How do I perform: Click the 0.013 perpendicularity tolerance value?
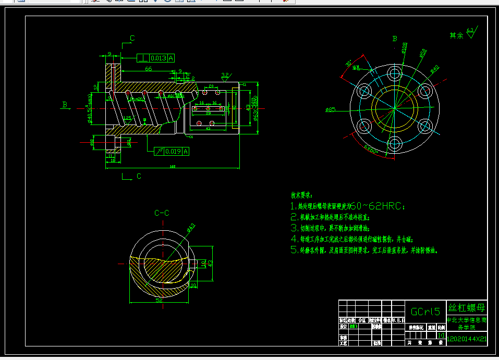click(x=159, y=58)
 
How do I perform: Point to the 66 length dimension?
click(x=148, y=69)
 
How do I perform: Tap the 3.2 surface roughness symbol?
click(x=225, y=76)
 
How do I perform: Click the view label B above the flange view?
click(x=395, y=39)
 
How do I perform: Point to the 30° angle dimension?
click(x=348, y=64)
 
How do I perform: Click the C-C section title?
click(x=162, y=213)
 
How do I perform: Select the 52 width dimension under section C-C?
click(x=159, y=301)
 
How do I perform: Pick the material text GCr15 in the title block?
click(x=425, y=312)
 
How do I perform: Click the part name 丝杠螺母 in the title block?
click(x=467, y=307)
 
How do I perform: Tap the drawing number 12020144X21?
click(x=467, y=339)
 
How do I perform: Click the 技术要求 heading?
click(x=301, y=195)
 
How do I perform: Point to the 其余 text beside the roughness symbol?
click(x=456, y=35)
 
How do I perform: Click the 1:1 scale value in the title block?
click(x=441, y=336)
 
